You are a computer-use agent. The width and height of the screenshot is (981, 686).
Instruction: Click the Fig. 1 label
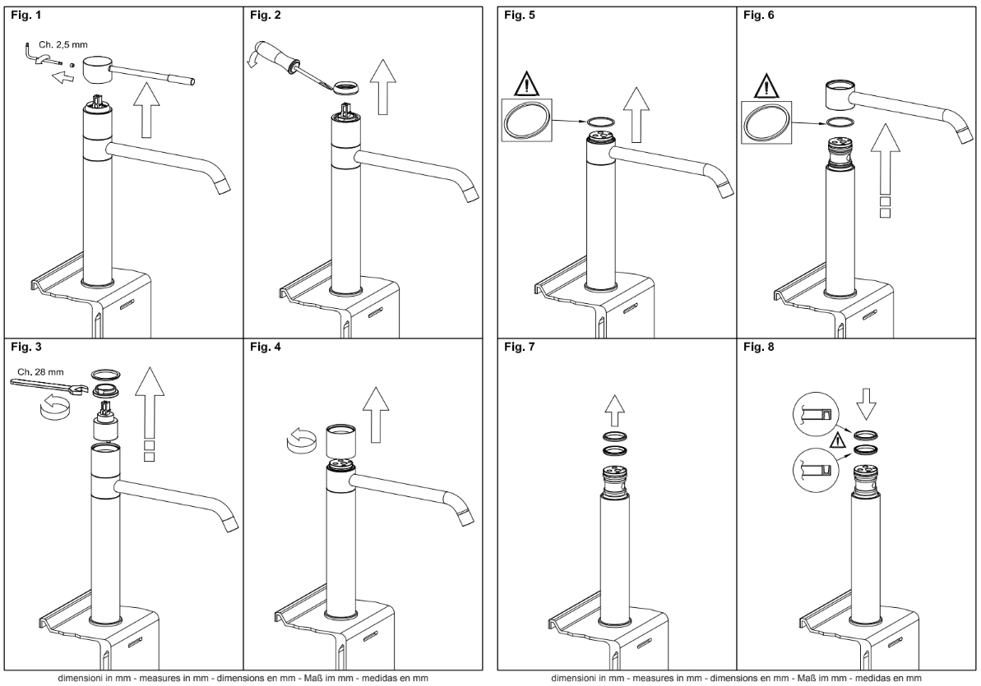point(25,15)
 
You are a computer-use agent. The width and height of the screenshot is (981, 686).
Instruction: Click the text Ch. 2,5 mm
point(62,45)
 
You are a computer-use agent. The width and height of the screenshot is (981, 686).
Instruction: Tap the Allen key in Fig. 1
point(36,55)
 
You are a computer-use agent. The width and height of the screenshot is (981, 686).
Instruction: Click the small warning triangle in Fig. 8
point(837,441)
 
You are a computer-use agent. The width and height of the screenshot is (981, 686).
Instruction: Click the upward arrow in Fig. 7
point(616,410)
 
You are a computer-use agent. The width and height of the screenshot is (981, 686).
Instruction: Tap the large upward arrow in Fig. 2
point(383,88)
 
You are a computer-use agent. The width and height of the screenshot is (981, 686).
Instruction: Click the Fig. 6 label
point(758,15)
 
